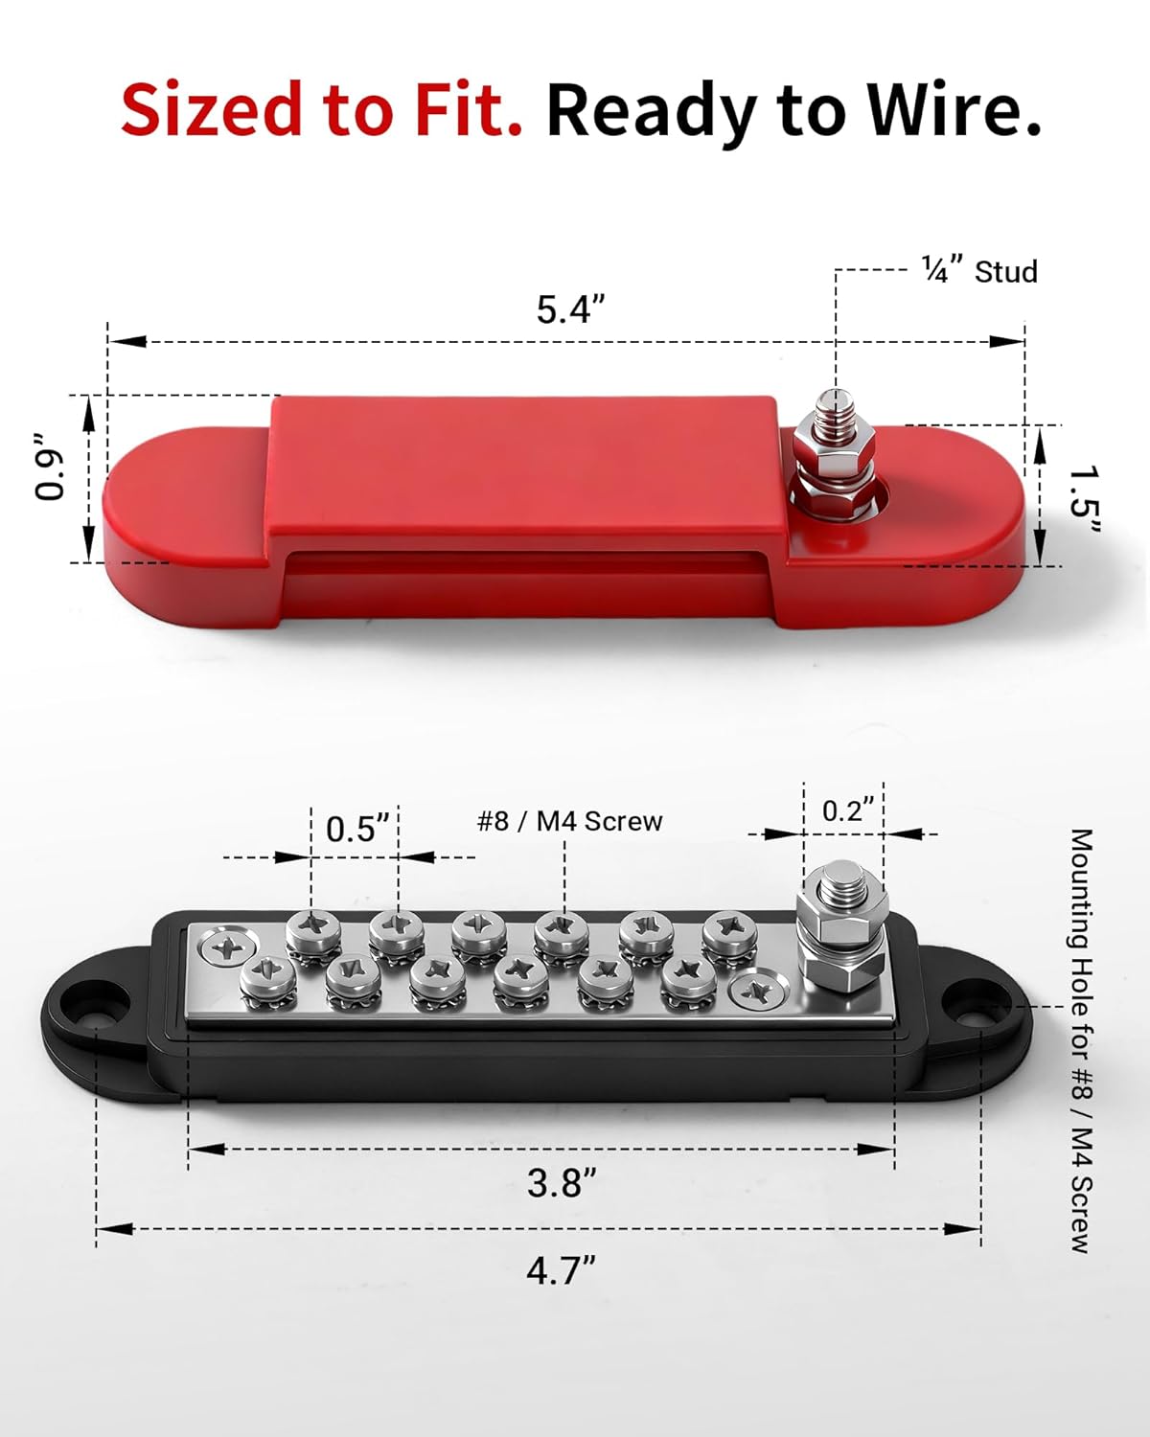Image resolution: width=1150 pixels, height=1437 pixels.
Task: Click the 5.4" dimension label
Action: pyautogui.click(x=570, y=309)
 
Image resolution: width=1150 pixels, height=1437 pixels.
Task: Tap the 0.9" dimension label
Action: pyautogui.click(x=51, y=467)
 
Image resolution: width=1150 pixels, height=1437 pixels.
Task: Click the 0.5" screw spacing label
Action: pyautogui.click(x=357, y=828)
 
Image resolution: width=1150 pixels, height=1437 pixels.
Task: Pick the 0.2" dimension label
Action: pyautogui.click(x=849, y=810)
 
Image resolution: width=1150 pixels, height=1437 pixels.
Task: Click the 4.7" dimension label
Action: pyautogui.click(x=561, y=1270)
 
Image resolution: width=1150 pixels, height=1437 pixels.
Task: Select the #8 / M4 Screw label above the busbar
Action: pyautogui.click(x=569, y=821)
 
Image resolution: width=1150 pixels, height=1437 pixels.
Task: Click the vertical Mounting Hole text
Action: pyautogui.click(x=1081, y=1040)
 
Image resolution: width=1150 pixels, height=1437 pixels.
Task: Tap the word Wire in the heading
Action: pyautogui.click(x=954, y=110)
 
